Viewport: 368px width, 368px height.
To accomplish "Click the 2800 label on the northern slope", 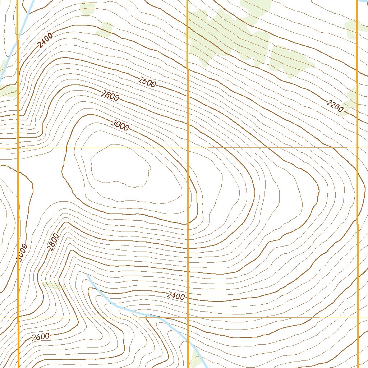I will pos(110,96).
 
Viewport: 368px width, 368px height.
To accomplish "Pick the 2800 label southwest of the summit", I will pos(53,241).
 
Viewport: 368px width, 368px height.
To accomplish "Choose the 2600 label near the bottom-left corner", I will pos(40,337).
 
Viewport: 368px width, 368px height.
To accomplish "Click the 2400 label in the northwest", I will pos(46,40).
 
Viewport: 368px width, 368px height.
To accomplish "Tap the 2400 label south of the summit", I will pos(176,296).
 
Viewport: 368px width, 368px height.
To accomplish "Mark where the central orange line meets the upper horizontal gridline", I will pos(188,148).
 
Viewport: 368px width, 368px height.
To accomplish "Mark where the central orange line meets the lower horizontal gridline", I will pos(188,317).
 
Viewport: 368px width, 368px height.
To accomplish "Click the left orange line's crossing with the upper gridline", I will pos(18,148).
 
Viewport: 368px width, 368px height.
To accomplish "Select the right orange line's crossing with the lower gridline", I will pos(358,317).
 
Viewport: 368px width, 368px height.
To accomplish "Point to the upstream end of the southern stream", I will pos(87,275).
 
